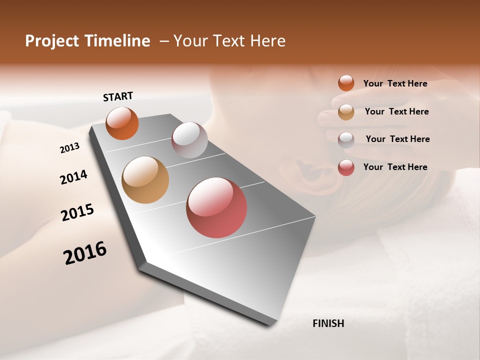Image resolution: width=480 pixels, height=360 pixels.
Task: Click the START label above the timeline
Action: pyautogui.click(x=118, y=96)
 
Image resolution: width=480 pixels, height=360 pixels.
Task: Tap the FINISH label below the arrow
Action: pyautogui.click(x=328, y=323)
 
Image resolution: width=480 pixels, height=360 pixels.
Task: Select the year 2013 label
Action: pyautogui.click(x=69, y=148)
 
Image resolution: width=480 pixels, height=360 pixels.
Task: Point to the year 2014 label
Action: pyautogui.click(x=73, y=177)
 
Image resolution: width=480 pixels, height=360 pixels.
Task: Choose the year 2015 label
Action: pyautogui.click(x=77, y=212)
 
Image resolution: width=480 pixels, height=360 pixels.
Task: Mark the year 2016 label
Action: pyautogui.click(x=85, y=253)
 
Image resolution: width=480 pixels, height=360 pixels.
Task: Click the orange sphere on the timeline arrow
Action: pyautogui.click(x=122, y=123)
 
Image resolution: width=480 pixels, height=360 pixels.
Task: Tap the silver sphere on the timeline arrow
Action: pyautogui.click(x=189, y=140)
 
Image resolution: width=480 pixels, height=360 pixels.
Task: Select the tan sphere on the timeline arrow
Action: pyautogui.click(x=145, y=180)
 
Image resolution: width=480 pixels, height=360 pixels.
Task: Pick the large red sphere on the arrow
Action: pyautogui.click(x=216, y=207)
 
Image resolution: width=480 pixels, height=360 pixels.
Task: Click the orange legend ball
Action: pyautogui.click(x=346, y=83)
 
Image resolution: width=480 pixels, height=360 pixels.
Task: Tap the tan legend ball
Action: pyautogui.click(x=346, y=112)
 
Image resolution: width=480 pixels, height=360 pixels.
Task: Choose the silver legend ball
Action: pyautogui.click(x=346, y=139)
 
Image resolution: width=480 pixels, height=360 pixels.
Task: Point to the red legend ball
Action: pyautogui.click(x=346, y=167)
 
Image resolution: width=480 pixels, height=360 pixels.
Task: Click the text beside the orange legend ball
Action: pyautogui.click(x=395, y=83)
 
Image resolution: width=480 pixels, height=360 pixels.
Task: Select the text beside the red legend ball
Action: pyautogui.click(x=395, y=167)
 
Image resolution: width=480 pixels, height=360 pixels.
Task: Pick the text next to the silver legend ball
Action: pyautogui.click(x=397, y=139)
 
